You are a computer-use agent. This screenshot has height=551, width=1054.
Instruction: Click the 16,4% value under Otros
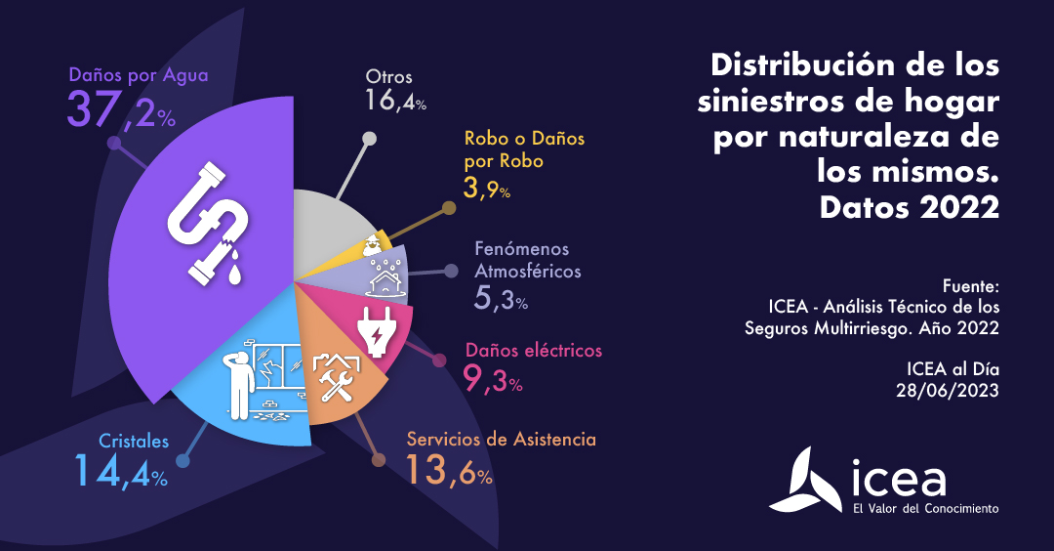(396, 101)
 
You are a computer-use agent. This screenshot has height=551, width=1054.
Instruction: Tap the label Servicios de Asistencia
(501, 439)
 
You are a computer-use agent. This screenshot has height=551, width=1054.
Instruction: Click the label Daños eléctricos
(534, 350)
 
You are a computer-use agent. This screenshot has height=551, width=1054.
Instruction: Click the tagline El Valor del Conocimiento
(925, 509)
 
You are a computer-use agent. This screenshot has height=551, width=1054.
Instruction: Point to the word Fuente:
(971, 287)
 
